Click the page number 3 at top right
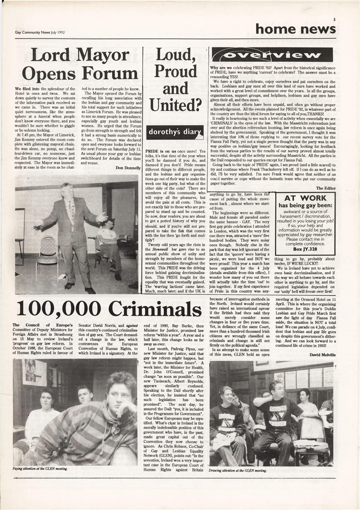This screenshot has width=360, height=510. [x=334, y=19]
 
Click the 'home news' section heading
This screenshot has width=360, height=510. [x=295, y=29]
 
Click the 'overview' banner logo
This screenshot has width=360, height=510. [x=272, y=55]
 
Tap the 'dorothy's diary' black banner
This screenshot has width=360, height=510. [x=175, y=132]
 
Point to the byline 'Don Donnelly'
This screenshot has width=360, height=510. [x=128, y=168]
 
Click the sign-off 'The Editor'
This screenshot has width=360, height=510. [x=325, y=188]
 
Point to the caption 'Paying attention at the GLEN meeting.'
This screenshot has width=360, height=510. [x=40, y=469]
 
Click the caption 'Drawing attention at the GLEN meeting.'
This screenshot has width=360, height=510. [x=238, y=470]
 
